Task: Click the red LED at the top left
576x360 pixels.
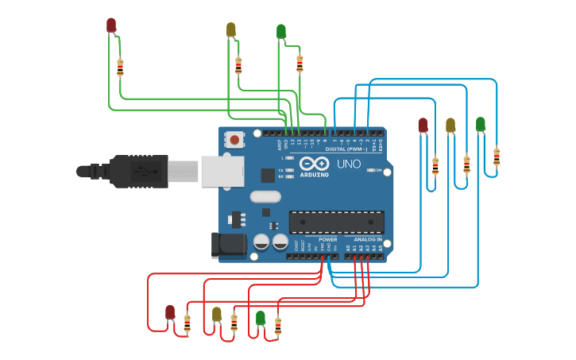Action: (111, 25)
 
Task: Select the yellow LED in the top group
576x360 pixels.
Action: (231, 29)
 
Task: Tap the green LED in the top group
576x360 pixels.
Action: (281, 31)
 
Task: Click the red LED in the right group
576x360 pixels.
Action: (423, 125)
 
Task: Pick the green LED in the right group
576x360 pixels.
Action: (481, 124)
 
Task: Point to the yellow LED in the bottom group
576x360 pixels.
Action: (217, 314)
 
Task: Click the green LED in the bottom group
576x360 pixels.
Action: (261, 318)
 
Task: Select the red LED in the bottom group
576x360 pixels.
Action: (170, 312)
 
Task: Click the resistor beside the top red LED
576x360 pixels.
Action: (120, 68)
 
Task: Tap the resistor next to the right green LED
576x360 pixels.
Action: (497, 157)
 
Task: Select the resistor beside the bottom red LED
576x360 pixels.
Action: (187, 323)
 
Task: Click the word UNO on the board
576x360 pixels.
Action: (350, 165)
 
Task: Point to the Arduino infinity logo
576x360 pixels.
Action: (314, 163)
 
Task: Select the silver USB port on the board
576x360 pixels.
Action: (222, 171)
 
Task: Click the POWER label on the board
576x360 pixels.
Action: (327, 239)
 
